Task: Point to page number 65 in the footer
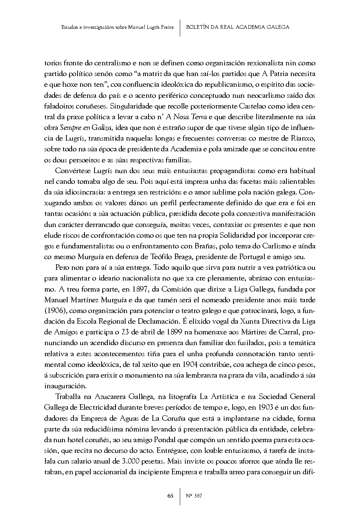170,495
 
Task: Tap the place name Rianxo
304,138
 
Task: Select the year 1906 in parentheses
55,310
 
